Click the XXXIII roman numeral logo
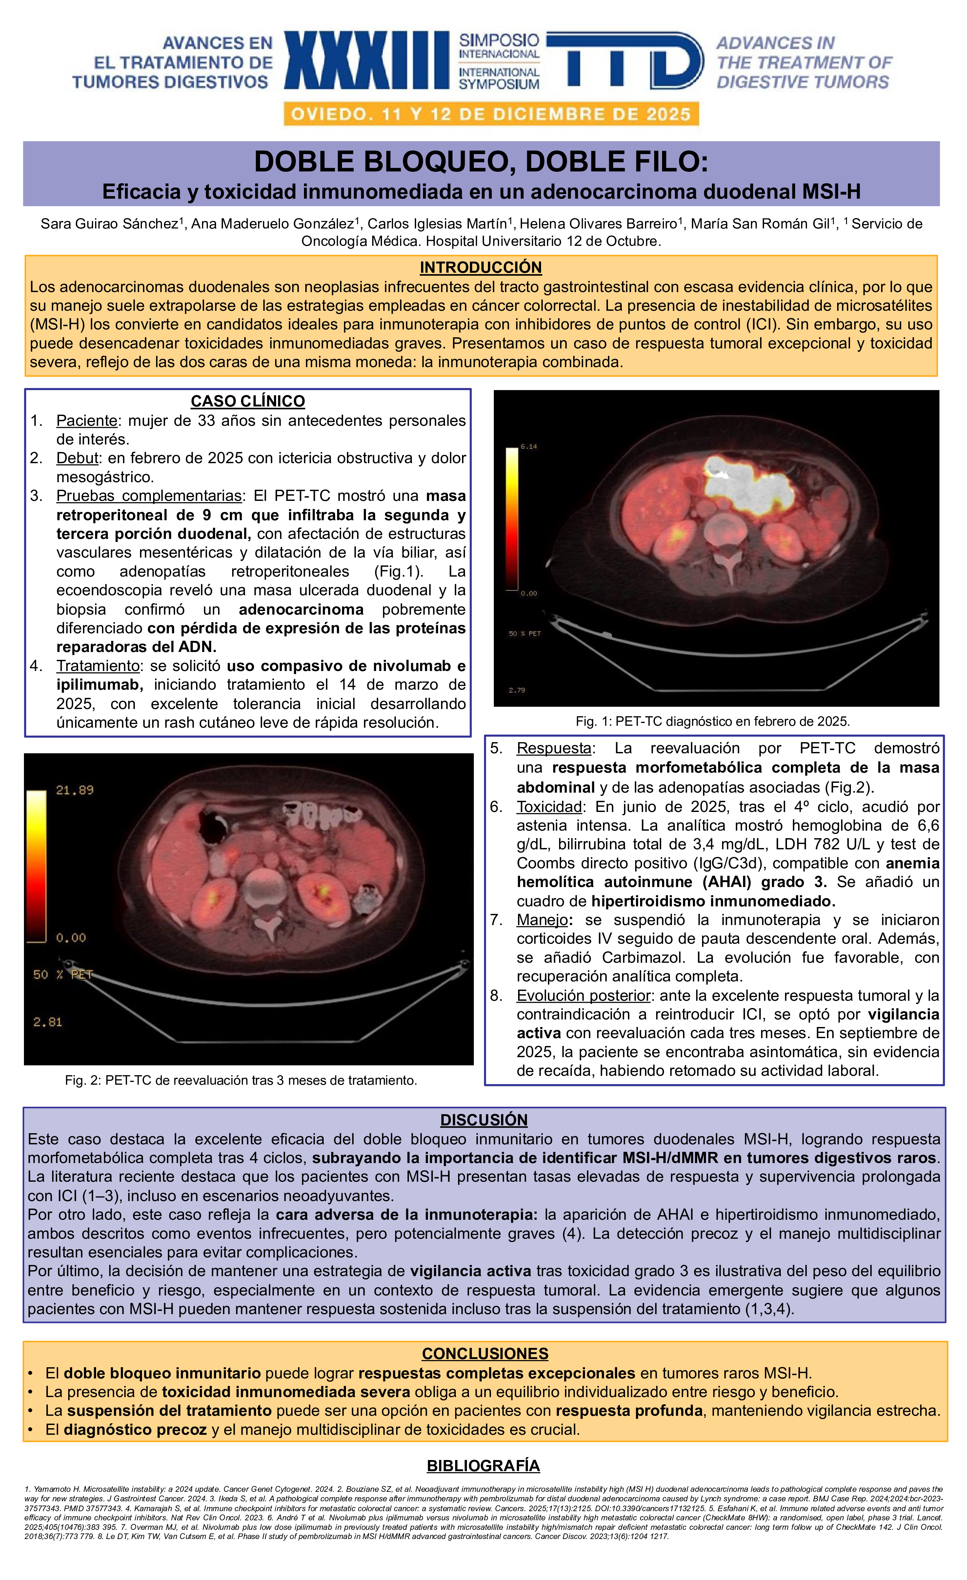click(367, 60)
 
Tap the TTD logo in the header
click(625, 60)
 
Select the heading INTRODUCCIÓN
click(480, 267)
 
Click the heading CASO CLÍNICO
click(248, 402)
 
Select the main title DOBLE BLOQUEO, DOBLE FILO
click(481, 162)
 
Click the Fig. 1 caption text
click(713, 721)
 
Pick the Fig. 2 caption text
click(241, 1080)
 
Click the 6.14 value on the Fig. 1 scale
click(528, 446)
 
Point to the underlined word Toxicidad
click(549, 807)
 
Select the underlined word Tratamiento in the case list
click(97, 666)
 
